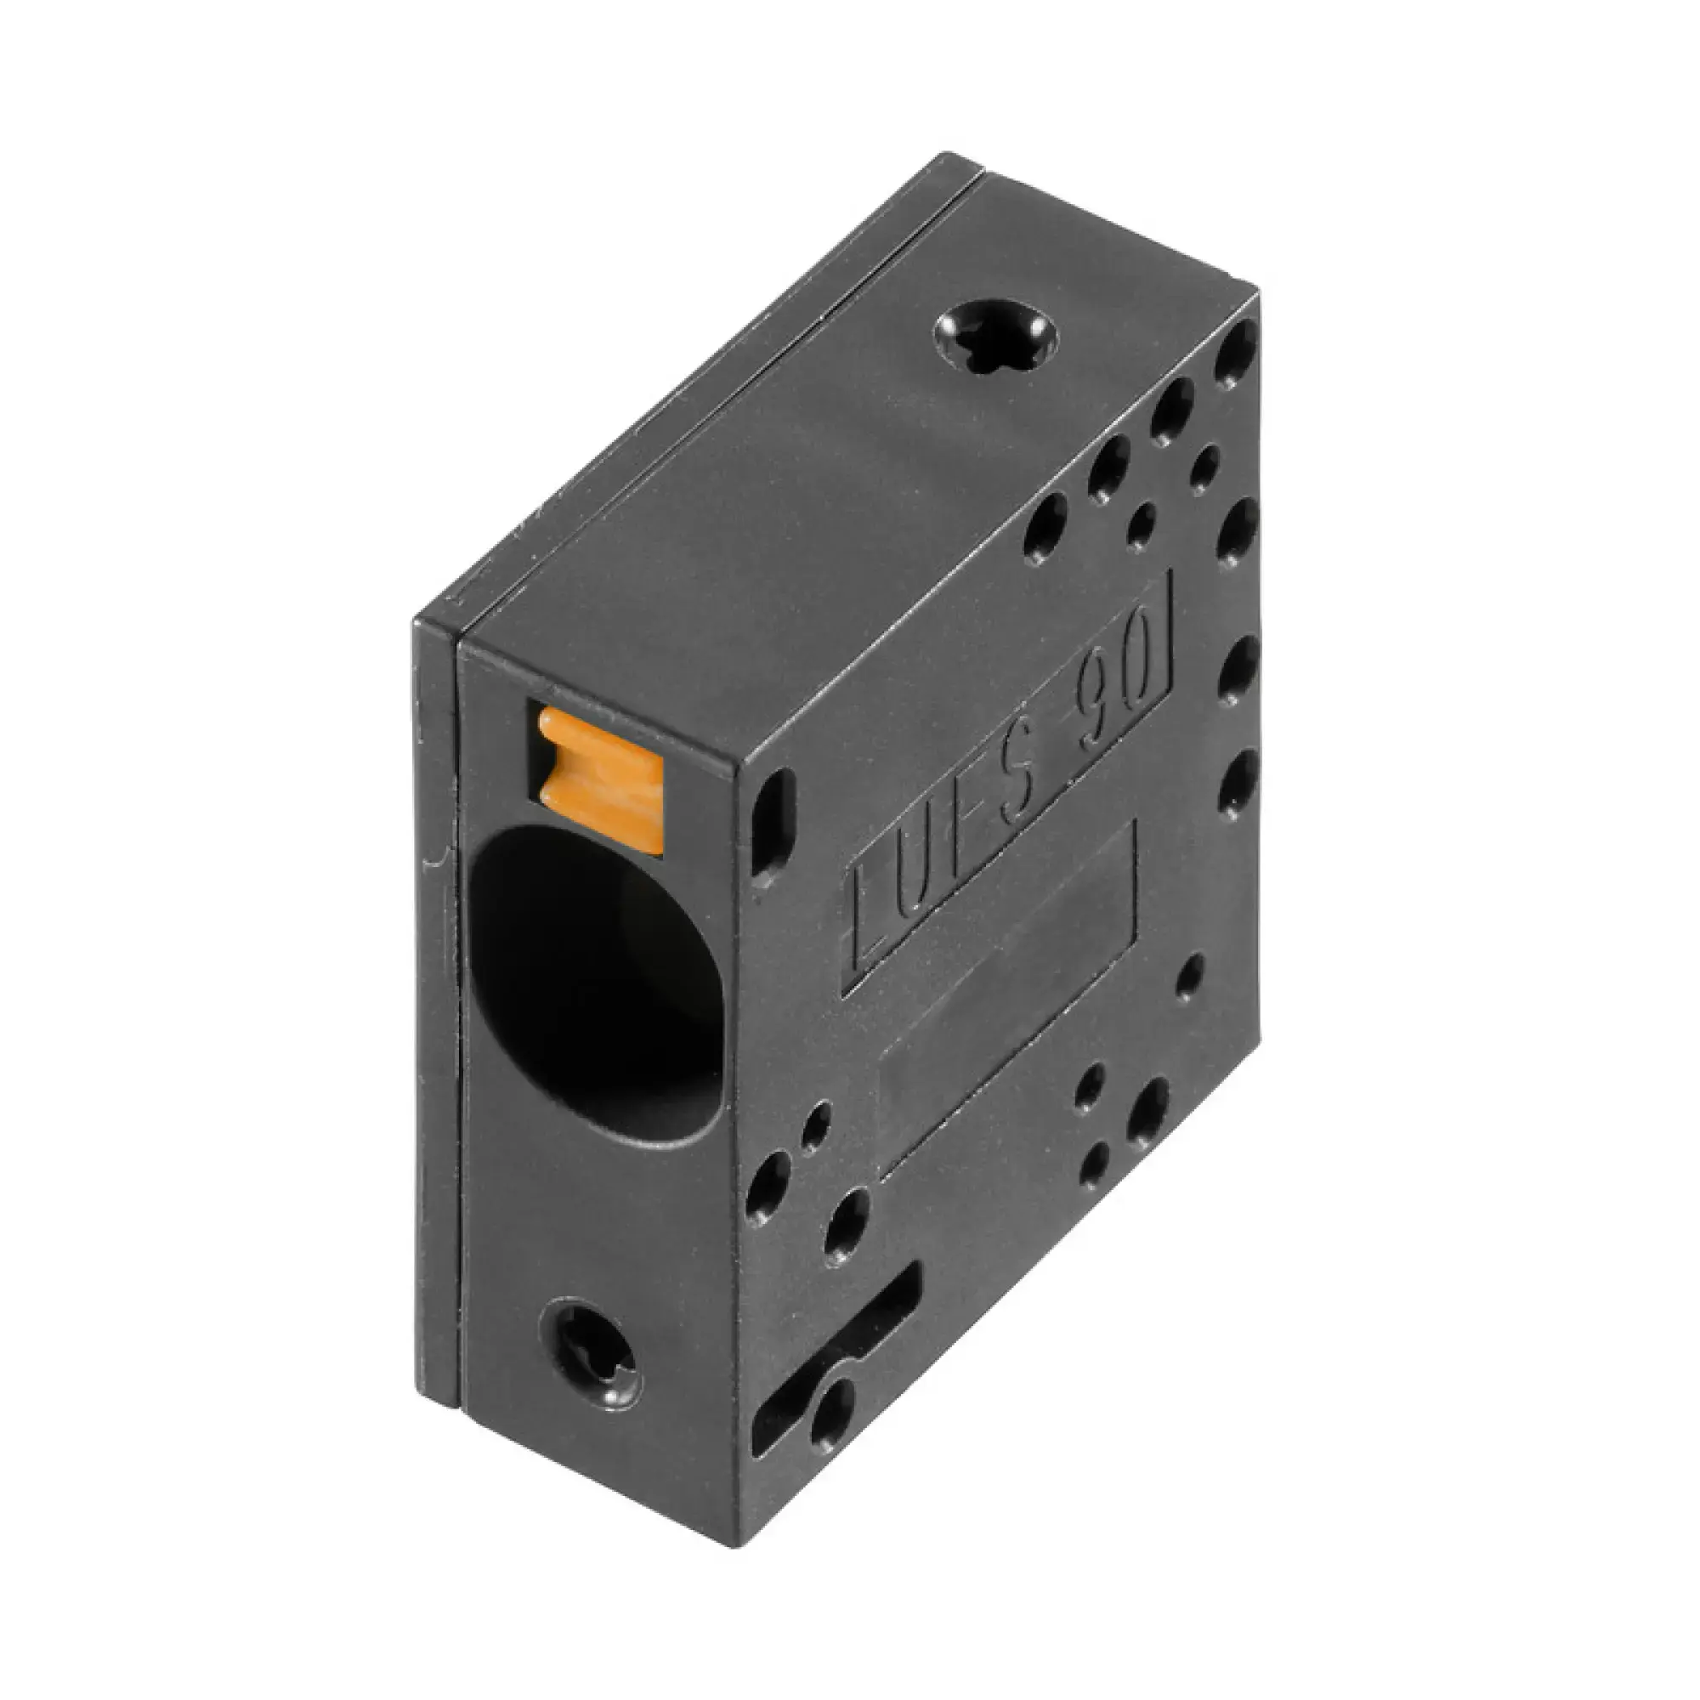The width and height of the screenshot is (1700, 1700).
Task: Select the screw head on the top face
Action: (x=995, y=338)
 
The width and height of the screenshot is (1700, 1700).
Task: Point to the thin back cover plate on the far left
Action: (x=437, y=1011)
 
